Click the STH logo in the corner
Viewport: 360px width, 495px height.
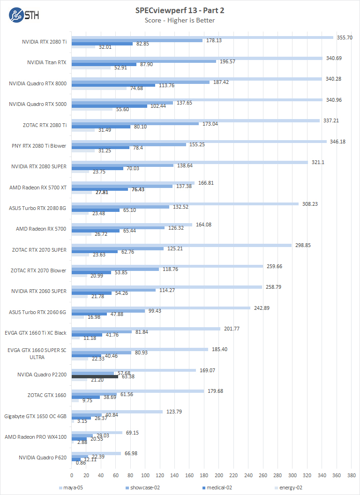(x=24, y=15)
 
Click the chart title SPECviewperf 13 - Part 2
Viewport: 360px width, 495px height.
(x=180, y=10)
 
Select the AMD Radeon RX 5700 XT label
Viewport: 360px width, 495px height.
(x=38, y=187)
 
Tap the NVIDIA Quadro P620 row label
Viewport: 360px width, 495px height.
(x=43, y=457)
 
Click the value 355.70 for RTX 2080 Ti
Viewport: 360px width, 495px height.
(x=345, y=37)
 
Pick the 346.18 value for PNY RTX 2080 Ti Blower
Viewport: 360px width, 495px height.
(x=338, y=141)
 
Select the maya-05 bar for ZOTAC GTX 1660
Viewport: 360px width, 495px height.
(x=138, y=391)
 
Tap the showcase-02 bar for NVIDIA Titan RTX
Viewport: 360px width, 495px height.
(x=144, y=61)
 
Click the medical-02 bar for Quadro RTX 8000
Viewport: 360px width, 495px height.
(x=113, y=85)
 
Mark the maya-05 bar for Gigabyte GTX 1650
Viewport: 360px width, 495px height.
(x=117, y=412)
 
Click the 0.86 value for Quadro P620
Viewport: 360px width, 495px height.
(x=81, y=463)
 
